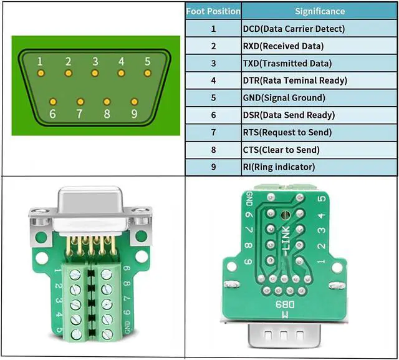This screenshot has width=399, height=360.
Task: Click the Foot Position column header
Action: point(213,11)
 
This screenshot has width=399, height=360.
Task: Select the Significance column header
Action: point(319,11)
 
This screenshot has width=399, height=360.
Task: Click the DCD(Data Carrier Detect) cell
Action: point(294,29)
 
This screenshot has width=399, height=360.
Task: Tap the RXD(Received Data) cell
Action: point(283,46)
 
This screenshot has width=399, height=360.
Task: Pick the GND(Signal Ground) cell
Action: point(284,98)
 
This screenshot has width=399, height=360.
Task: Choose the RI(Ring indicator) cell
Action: point(279,167)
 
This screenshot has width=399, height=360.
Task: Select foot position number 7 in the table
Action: point(213,132)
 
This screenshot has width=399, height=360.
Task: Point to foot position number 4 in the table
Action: point(213,80)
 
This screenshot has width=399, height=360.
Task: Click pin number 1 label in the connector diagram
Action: point(40,61)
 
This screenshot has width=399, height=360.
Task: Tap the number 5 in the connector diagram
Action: point(148,61)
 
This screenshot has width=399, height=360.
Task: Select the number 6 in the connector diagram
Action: point(52,114)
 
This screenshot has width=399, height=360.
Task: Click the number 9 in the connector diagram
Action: point(134,114)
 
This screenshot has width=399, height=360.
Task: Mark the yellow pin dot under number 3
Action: point(95,73)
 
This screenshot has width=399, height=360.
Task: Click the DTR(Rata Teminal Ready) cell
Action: point(295,80)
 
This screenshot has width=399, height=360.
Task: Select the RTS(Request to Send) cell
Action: point(287,132)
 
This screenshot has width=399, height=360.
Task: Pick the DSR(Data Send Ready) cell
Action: point(289,115)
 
